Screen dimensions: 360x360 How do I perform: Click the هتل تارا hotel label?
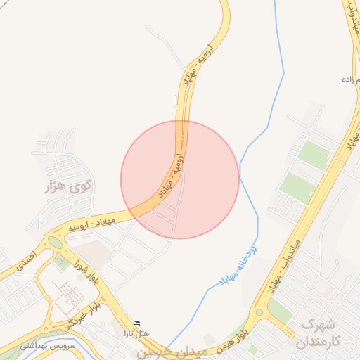coord(136,333)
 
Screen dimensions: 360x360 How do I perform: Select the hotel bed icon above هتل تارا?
coord(136,322)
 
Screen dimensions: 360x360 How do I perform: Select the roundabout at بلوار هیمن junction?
coord(259,311)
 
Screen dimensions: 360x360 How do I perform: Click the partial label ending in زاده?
coord(346,79)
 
